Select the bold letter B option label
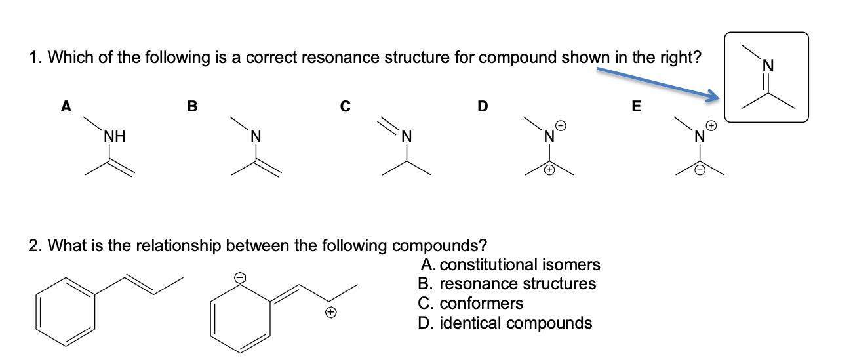click(191, 106)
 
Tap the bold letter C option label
click(345, 106)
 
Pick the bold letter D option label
click(483, 106)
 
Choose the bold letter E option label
click(636, 106)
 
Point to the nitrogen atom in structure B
click(256, 137)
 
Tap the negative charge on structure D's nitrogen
click(561, 125)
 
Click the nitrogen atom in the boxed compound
click(769, 65)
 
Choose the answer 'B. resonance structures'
click(507, 284)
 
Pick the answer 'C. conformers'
click(471, 304)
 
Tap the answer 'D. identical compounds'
click(505, 323)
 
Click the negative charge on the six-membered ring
click(240, 277)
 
